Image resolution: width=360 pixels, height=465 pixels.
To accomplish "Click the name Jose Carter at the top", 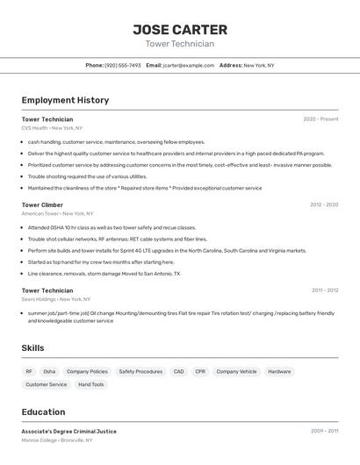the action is pos(180,30).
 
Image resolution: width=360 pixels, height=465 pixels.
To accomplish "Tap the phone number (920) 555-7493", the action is pos(122,65).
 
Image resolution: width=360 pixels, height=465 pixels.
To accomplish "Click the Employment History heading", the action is pos(65,100).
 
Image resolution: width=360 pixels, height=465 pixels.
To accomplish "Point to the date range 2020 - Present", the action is pos(320,119).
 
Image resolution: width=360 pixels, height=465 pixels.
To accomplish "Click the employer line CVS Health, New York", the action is pos(54,128).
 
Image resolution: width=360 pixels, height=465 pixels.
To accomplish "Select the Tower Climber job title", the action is pos(42,204).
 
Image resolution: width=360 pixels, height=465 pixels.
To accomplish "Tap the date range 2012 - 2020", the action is pos(323,204).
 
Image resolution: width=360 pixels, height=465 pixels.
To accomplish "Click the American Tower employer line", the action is pos(57,213).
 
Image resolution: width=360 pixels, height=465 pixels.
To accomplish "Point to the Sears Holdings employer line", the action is pos(56,299).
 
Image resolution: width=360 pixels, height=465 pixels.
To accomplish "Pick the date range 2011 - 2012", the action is pos(324,290).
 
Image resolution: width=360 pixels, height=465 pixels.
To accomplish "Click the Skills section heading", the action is pos(32,348).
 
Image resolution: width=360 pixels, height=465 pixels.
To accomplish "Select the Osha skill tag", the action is pos(49,371).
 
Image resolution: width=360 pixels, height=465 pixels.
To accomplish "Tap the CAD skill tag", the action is pos(178,371).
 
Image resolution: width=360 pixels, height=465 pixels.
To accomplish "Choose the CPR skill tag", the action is pos(200,371).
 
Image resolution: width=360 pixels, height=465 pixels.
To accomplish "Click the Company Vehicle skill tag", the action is pos(236,371).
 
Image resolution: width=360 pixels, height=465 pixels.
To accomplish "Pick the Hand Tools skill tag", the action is pos(90,384).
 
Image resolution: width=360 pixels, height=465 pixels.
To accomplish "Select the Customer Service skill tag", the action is pos(46,384).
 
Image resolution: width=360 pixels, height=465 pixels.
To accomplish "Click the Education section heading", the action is pos(43,412).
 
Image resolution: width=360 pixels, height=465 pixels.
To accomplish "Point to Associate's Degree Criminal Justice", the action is pos(68,432).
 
